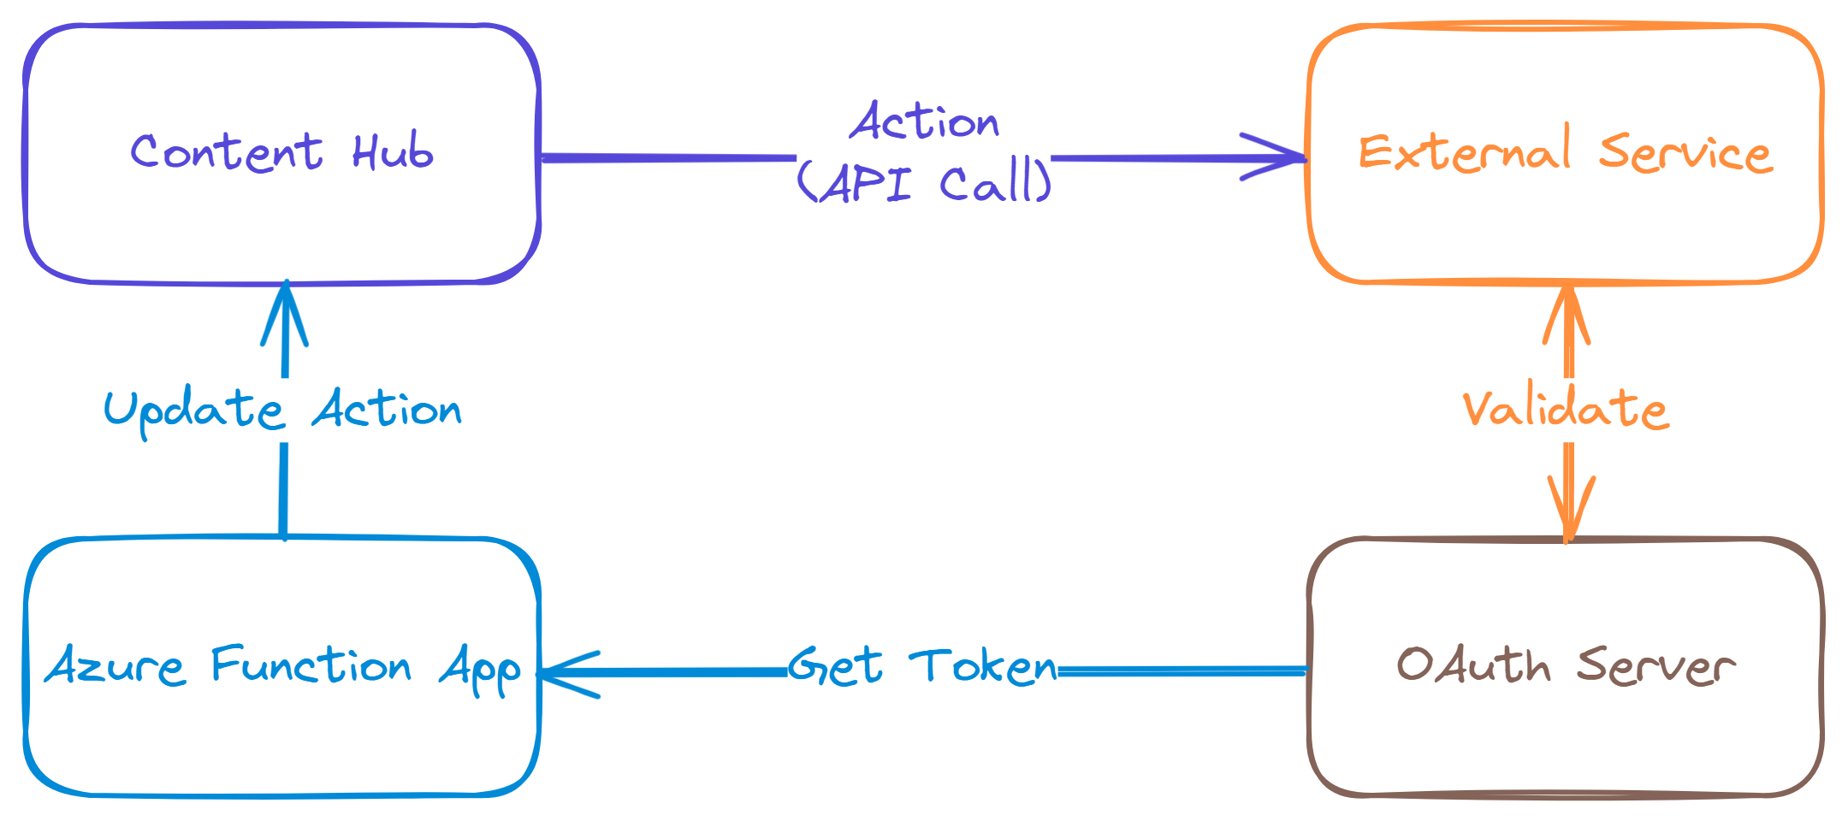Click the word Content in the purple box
226,153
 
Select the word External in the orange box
1465,153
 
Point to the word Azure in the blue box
115,666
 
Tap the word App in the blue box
480,670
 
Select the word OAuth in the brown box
1473,665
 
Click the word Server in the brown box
1656,666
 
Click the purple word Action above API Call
924,122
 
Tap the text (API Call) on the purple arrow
924,182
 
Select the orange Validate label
1566,409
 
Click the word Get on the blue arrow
835,667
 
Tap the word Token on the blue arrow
984,667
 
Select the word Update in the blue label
193,410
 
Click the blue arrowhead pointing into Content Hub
284,312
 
